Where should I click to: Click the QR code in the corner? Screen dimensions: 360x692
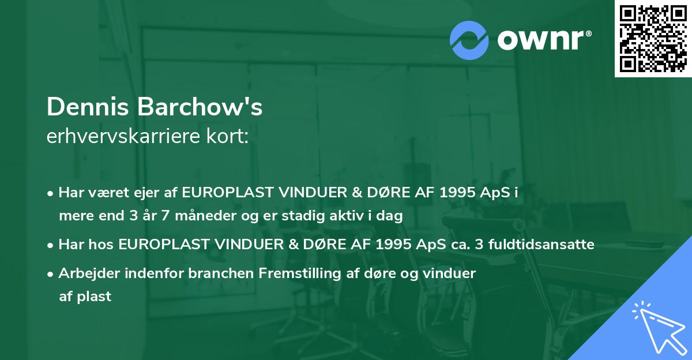(653, 38)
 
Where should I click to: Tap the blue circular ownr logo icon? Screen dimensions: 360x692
(469, 40)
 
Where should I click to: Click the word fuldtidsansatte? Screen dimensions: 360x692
(541, 245)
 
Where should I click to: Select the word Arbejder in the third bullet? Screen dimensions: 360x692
(84, 273)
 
